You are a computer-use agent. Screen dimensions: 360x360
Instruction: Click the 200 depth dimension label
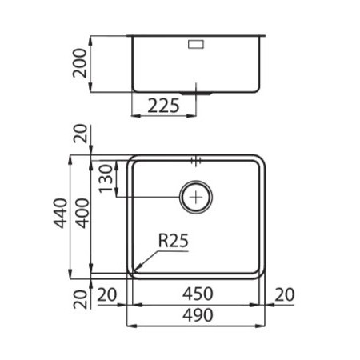click(x=80, y=63)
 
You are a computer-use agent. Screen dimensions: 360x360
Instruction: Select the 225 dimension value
click(x=163, y=106)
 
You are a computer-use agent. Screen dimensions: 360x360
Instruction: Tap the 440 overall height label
click(x=61, y=214)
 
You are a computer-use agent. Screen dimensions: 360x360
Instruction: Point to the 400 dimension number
click(x=82, y=214)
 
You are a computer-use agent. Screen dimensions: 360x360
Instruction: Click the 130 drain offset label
click(x=106, y=178)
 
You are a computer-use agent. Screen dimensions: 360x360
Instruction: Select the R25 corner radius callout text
click(x=174, y=241)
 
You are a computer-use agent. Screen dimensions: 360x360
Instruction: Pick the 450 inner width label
click(x=198, y=294)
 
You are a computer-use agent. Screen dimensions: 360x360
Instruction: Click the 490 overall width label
click(x=198, y=315)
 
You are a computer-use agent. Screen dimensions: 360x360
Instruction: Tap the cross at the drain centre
click(x=196, y=198)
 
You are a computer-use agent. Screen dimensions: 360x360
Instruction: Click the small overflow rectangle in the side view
click(x=196, y=44)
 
